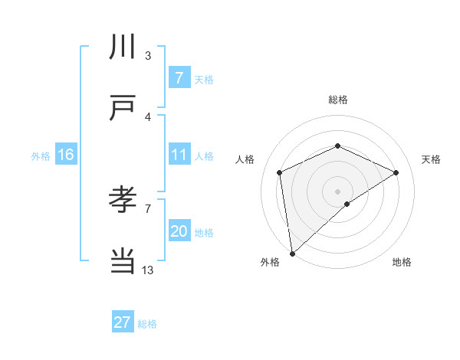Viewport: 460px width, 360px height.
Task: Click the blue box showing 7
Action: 179,78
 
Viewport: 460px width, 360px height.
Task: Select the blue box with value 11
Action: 179,155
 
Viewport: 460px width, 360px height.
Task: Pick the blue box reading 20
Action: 179,231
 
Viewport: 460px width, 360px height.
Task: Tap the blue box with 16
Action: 66,155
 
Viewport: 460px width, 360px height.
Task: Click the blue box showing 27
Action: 123,322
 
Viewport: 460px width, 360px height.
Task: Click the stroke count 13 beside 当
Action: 148,270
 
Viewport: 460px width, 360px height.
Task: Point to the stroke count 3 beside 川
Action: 148,56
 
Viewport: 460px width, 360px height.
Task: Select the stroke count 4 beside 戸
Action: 148,116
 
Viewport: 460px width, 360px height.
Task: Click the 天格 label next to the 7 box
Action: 203,79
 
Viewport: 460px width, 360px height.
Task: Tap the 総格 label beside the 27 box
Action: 147,324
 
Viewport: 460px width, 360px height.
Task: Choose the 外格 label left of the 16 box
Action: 41,155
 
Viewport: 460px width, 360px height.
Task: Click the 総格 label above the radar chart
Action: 337,100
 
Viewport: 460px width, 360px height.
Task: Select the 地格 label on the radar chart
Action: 402,262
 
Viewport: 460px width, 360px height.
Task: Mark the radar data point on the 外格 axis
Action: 291,253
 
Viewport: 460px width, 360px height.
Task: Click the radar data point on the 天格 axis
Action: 396,172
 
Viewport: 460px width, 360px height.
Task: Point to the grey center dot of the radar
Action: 337,191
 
